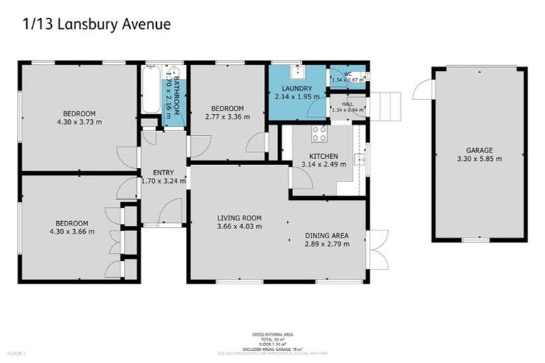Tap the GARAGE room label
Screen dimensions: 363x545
click(x=480, y=150)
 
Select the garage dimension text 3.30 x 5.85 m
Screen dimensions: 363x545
click(x=480, y=159)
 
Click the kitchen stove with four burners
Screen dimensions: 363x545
click(x=319, y=133)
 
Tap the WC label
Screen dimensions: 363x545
click(x=347, y=73)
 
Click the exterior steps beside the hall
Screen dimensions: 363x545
click(x=385, y=106)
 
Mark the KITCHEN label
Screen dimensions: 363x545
click(x=324, y=156)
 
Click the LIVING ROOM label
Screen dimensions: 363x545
click(x=239, y=218)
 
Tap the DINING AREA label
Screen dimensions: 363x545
click(x=326, y=235)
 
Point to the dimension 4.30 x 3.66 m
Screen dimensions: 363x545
click(x=72, y=231)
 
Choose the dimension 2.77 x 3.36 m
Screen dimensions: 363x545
click(x=227, y=117)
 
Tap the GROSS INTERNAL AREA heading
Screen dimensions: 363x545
click(x=272, y=334)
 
